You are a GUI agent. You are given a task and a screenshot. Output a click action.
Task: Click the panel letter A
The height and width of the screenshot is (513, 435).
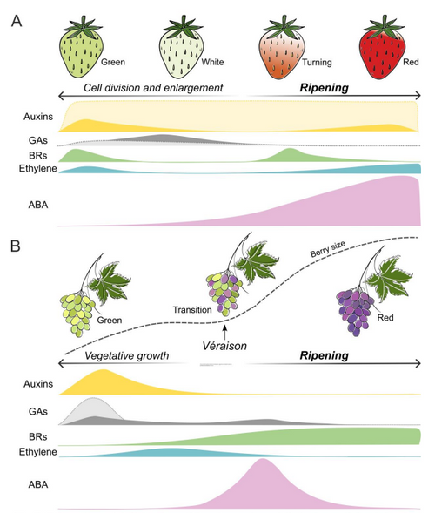(17, 21)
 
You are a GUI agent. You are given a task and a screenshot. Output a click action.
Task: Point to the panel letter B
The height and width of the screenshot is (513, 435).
(16, 246)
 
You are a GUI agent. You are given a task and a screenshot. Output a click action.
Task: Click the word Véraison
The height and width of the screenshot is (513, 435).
(224, 346)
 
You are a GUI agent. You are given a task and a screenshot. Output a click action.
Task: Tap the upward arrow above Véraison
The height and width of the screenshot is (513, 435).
(224, 332)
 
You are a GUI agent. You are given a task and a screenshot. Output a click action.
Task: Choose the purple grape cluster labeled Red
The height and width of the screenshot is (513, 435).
(355, 312)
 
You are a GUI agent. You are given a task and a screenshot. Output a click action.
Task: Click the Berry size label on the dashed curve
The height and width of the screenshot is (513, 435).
(327, 249)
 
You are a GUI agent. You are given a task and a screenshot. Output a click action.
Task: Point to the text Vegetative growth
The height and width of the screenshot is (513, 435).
(127, 355)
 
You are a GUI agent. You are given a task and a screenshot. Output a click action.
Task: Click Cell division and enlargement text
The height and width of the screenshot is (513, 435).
(153, 88)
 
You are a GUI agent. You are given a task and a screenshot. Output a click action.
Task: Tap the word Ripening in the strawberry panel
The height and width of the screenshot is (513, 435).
(325, 88)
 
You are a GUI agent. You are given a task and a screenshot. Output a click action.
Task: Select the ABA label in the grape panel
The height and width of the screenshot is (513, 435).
(38, 484)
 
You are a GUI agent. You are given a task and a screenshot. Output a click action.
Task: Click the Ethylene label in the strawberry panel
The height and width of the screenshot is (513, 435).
(38, 168)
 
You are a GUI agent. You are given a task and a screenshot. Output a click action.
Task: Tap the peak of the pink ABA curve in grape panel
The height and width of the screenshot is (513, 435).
(263, 459)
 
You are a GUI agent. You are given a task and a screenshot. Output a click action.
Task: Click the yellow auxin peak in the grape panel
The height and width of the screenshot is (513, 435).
(104, 370)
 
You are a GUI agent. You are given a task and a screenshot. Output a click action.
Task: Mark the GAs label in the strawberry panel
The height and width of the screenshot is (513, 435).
(38, 140)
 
